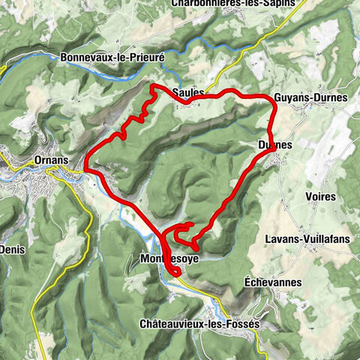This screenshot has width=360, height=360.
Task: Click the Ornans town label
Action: pos(51,160)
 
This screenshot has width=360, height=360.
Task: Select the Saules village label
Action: pos(187,92)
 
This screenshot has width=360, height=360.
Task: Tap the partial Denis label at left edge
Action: pos(13,248)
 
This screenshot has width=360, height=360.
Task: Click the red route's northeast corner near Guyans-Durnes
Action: pos(271,100)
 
